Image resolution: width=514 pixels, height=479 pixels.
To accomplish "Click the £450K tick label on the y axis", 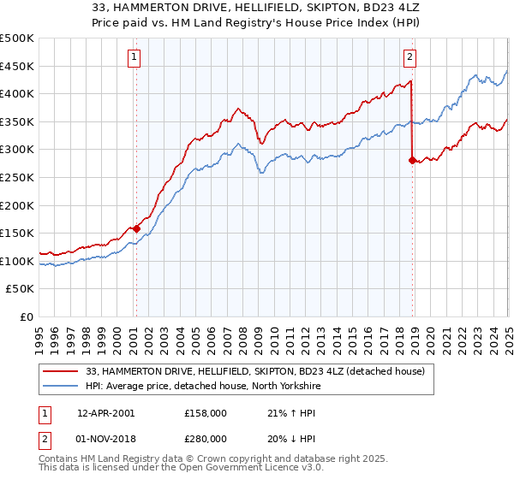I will (x=17, y=66).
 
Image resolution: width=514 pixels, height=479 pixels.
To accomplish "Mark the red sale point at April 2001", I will (x=135, y=228).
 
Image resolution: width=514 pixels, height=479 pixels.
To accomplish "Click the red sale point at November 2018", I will (x=413, y=160).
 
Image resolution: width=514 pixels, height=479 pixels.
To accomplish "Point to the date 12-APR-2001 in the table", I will (x=105, y=413).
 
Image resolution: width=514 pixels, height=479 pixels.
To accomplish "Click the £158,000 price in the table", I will (x=206, y=413).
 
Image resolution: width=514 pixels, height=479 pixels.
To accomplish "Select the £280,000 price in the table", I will (x=206, y=439).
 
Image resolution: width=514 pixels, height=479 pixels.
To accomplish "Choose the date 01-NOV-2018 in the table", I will (x=105, y=439).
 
